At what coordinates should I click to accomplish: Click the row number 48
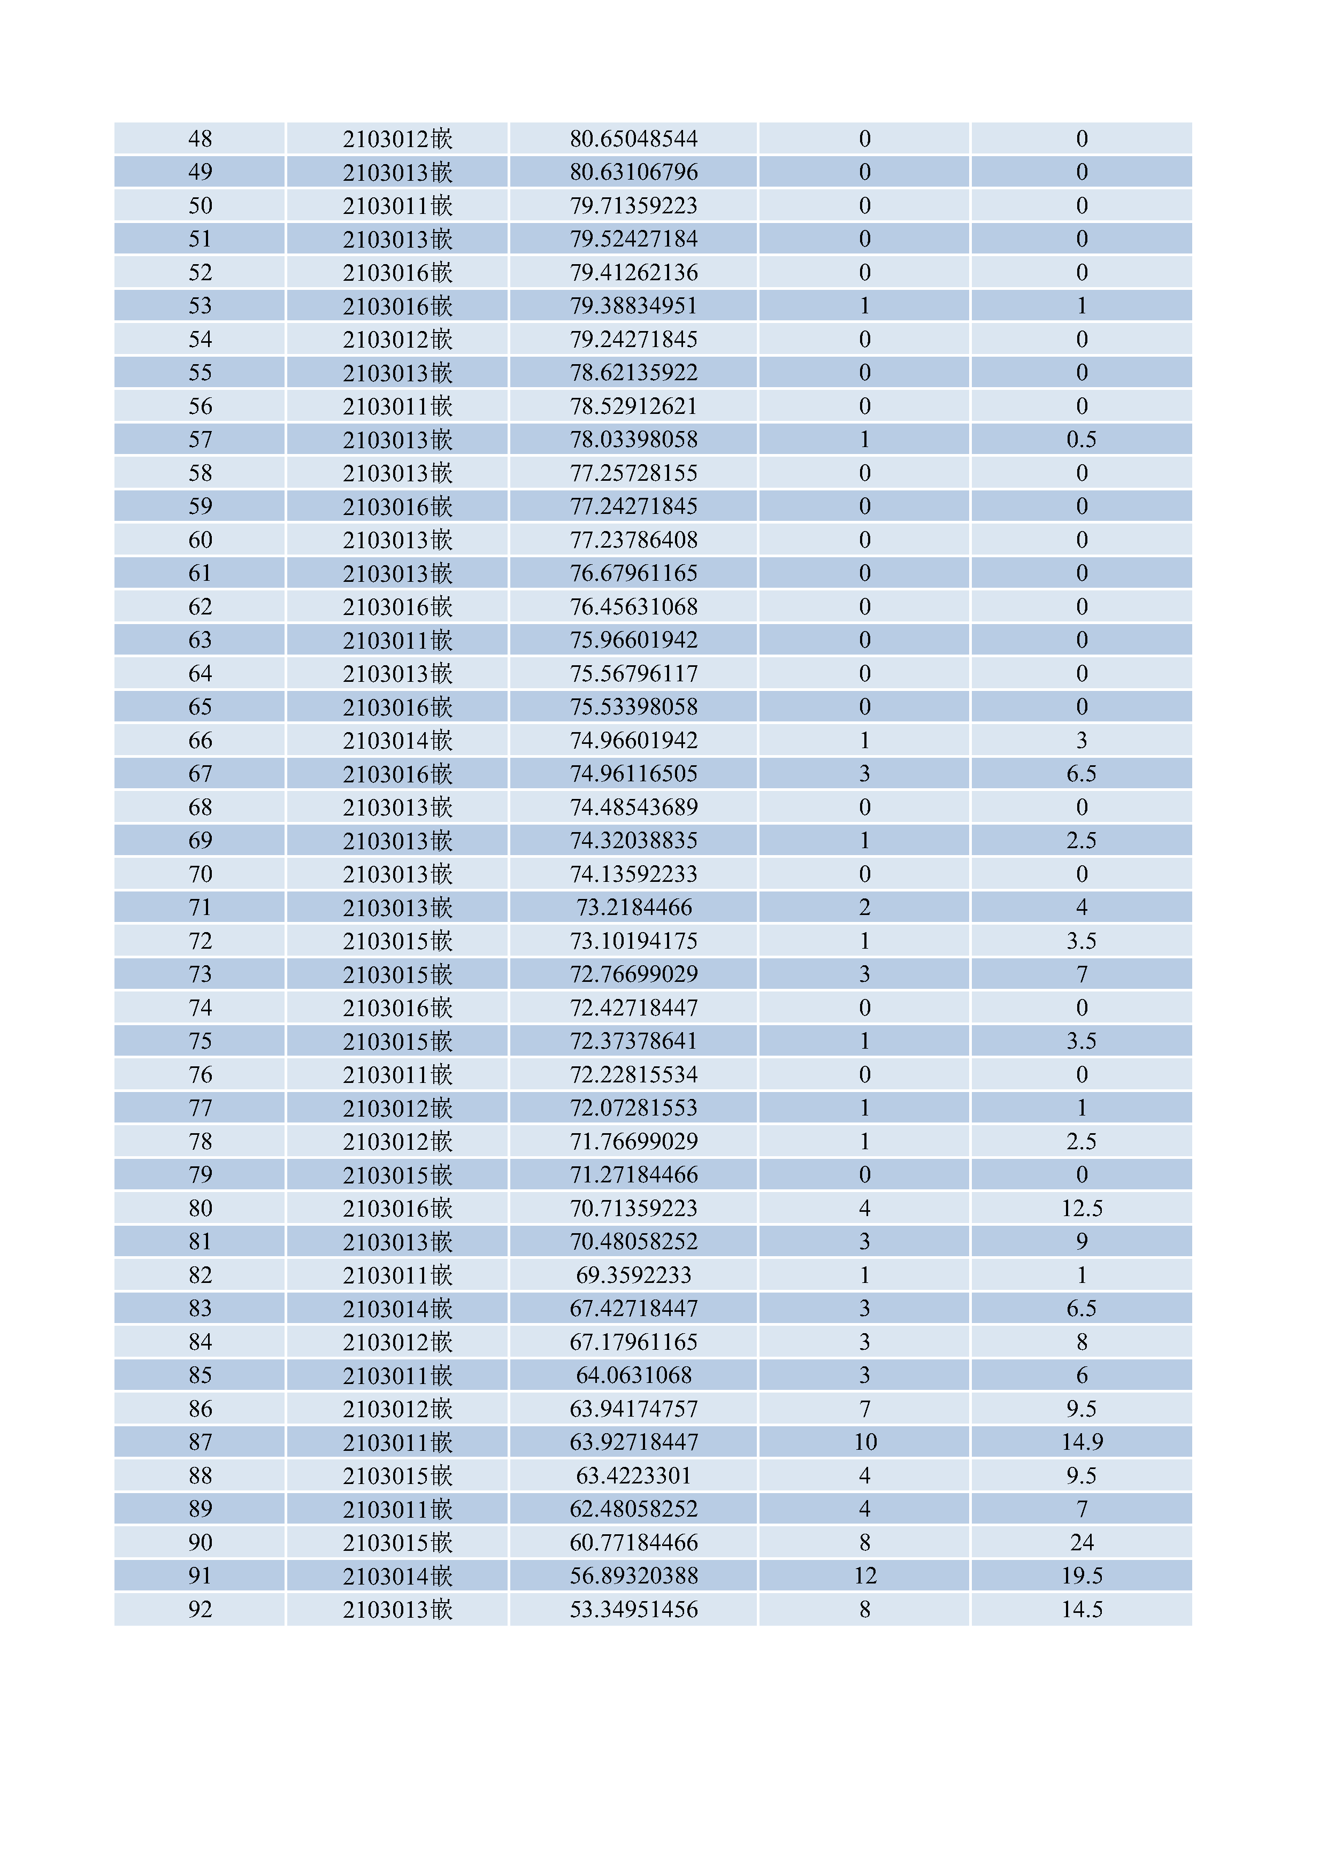click(200, 139)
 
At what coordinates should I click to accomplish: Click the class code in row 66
click(397, 740)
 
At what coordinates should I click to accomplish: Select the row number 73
click(200, 974)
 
